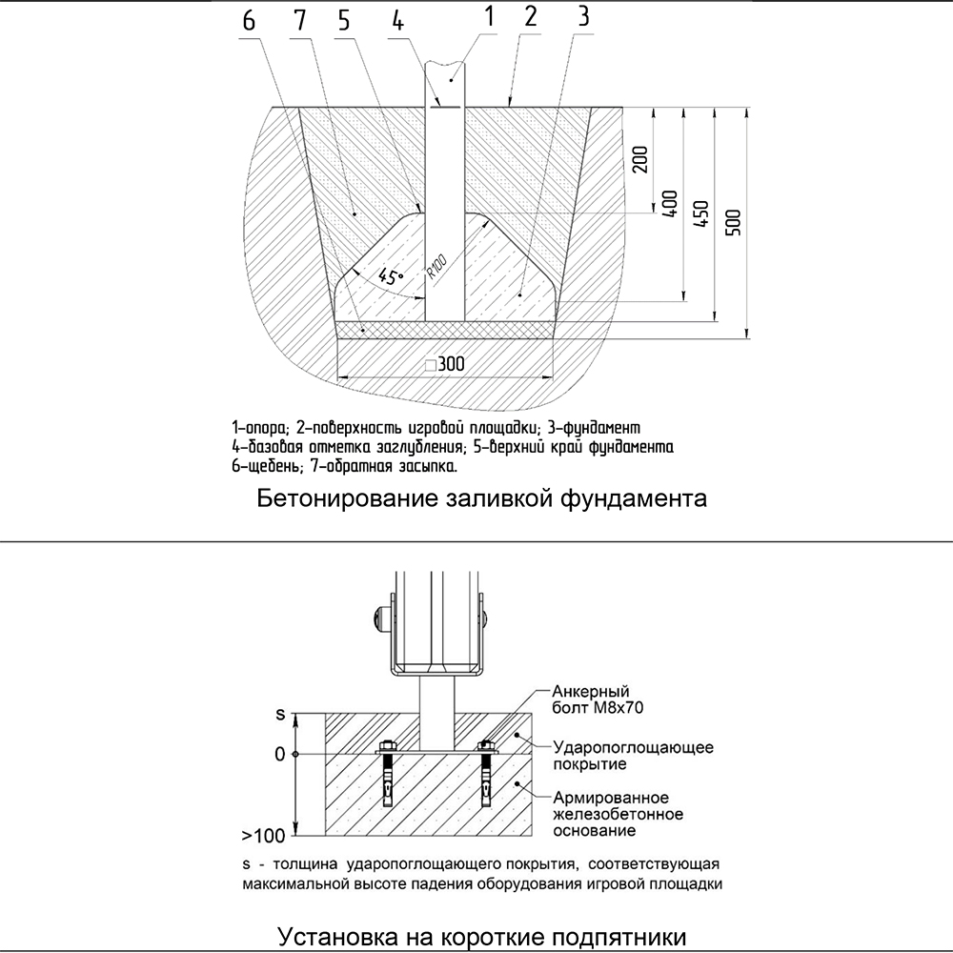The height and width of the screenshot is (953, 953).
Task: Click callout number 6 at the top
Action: coord(248,22)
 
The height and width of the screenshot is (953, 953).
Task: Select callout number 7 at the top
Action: coord(300,22)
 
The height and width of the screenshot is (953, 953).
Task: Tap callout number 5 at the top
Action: coord(343,22)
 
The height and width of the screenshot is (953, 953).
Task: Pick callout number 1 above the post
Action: coord(488,15)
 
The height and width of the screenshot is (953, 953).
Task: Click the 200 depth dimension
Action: coord(639,160)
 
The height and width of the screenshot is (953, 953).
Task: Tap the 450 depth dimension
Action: coord(700,215)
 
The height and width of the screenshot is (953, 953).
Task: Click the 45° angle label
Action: coord(390,277)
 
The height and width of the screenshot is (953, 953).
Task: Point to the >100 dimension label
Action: coord(263,836)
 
